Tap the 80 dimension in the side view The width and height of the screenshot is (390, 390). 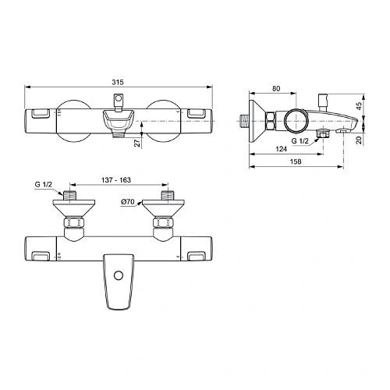[x=275, y=89]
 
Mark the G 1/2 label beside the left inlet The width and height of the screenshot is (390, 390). [x=44, y=185]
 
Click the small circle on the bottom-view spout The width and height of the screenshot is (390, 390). [x=119, y=275]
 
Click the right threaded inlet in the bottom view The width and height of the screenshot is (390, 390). [x=165, y=193]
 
